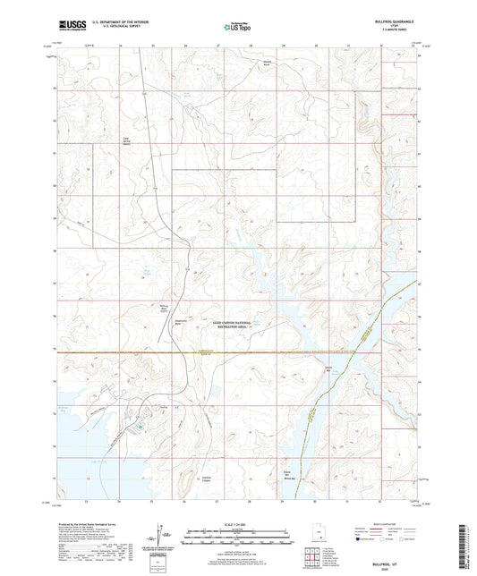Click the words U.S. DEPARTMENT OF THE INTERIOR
[x=123, y=21]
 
